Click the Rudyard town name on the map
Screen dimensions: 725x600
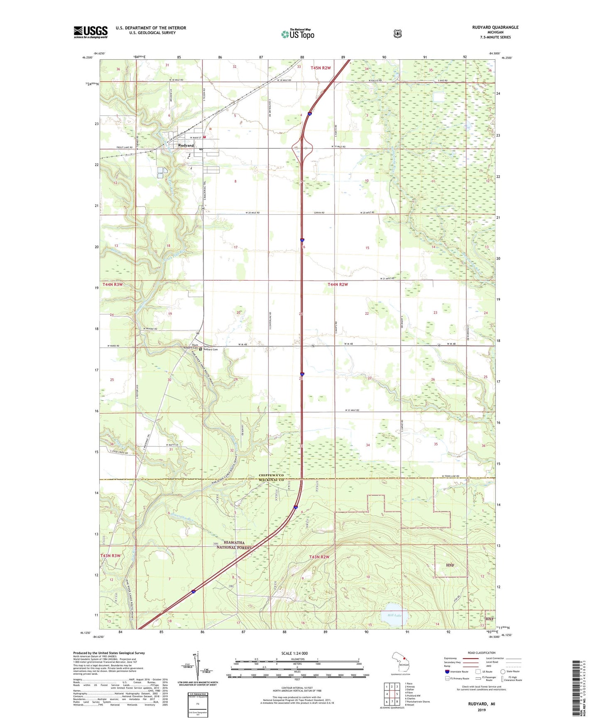(186, 145)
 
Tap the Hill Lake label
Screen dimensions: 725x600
(394, 615)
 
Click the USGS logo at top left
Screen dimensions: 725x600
(91, 32)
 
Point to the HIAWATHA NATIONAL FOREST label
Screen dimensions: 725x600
(234, 545)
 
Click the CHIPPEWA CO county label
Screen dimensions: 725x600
(271, 475)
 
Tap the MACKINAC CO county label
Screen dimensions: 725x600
(271, 480)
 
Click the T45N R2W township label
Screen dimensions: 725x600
(321, 68)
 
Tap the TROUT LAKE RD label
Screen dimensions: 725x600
(124, 147)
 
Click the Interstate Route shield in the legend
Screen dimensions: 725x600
(447, 671)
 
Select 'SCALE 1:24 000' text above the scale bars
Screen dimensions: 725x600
(294, 653)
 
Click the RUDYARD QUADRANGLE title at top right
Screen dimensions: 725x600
(495, 27)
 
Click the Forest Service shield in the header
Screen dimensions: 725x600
(397, 34)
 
